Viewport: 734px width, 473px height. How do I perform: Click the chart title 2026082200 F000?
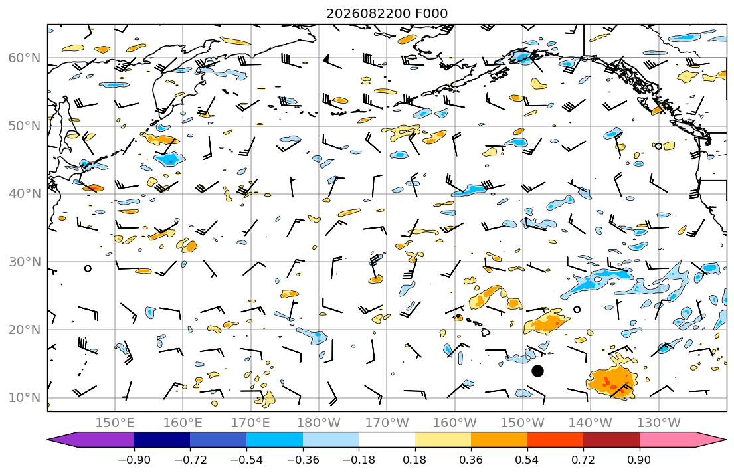click(387, 13)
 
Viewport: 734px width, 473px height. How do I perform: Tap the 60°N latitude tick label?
click(25, 58)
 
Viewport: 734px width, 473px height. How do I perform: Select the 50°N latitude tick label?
click(25, 126)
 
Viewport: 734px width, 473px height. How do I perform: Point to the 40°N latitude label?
click(25, 194)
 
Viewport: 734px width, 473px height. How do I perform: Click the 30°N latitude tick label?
click(25, 262)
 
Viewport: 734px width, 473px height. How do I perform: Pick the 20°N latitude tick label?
click(25, 330)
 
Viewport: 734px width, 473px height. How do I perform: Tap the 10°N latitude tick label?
click(25, 398)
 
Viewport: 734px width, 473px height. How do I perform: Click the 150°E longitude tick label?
click(115, 423)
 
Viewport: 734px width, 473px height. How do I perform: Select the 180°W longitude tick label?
click(320, 423)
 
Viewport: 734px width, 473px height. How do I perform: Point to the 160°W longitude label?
click(455, 423)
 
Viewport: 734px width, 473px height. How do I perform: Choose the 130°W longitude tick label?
click(659, 423)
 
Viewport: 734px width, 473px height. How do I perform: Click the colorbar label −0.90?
click(134, 460)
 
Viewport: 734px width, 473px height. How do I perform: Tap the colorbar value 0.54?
click(527, 460)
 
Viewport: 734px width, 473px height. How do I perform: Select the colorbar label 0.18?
click(414, 460)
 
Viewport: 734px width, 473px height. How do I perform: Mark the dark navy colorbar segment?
click(162, 440)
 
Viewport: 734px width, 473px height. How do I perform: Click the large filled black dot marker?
click(537, 371)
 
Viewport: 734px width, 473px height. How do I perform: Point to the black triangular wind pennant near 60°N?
click(326, 58)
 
